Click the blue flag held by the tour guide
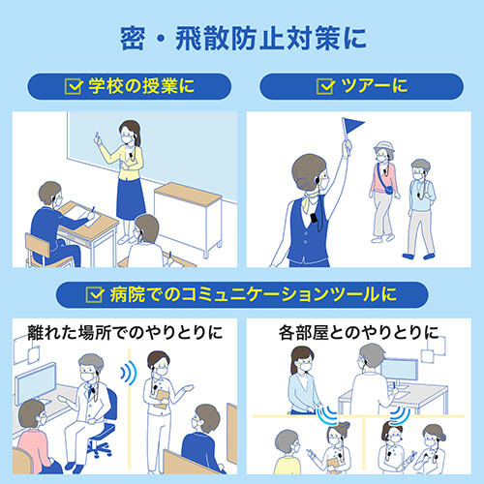coord(351,126)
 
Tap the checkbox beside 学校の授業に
coord(74,86)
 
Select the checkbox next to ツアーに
coord(325,86)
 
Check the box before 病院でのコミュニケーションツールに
coord(95,294)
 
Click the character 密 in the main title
coord(133,39)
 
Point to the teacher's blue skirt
coord(130,198)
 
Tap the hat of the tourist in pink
coord(384,146)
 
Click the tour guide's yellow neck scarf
coord(312,201)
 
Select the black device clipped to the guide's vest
coord(314,218)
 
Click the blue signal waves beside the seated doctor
coord(129,373)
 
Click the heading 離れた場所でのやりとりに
coord(125,332)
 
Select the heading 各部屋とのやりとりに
coord(359,332)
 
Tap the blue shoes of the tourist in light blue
coord(418,257)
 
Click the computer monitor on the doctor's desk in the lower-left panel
coord(36,382)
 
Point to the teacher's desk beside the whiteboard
coord(188,218)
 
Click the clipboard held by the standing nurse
coord(162,399)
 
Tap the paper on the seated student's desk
coord(81,216)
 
